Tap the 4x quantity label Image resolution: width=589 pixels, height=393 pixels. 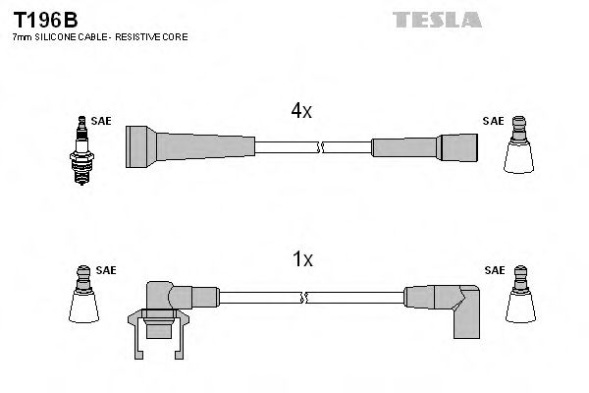300,111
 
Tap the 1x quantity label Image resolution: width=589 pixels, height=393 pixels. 302,259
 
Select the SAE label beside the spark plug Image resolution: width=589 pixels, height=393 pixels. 101,121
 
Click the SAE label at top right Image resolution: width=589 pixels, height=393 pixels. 493,121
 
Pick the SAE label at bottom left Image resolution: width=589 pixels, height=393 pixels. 106,269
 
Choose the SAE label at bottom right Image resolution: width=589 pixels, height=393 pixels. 494,269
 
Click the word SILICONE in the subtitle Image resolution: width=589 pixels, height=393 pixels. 50,36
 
